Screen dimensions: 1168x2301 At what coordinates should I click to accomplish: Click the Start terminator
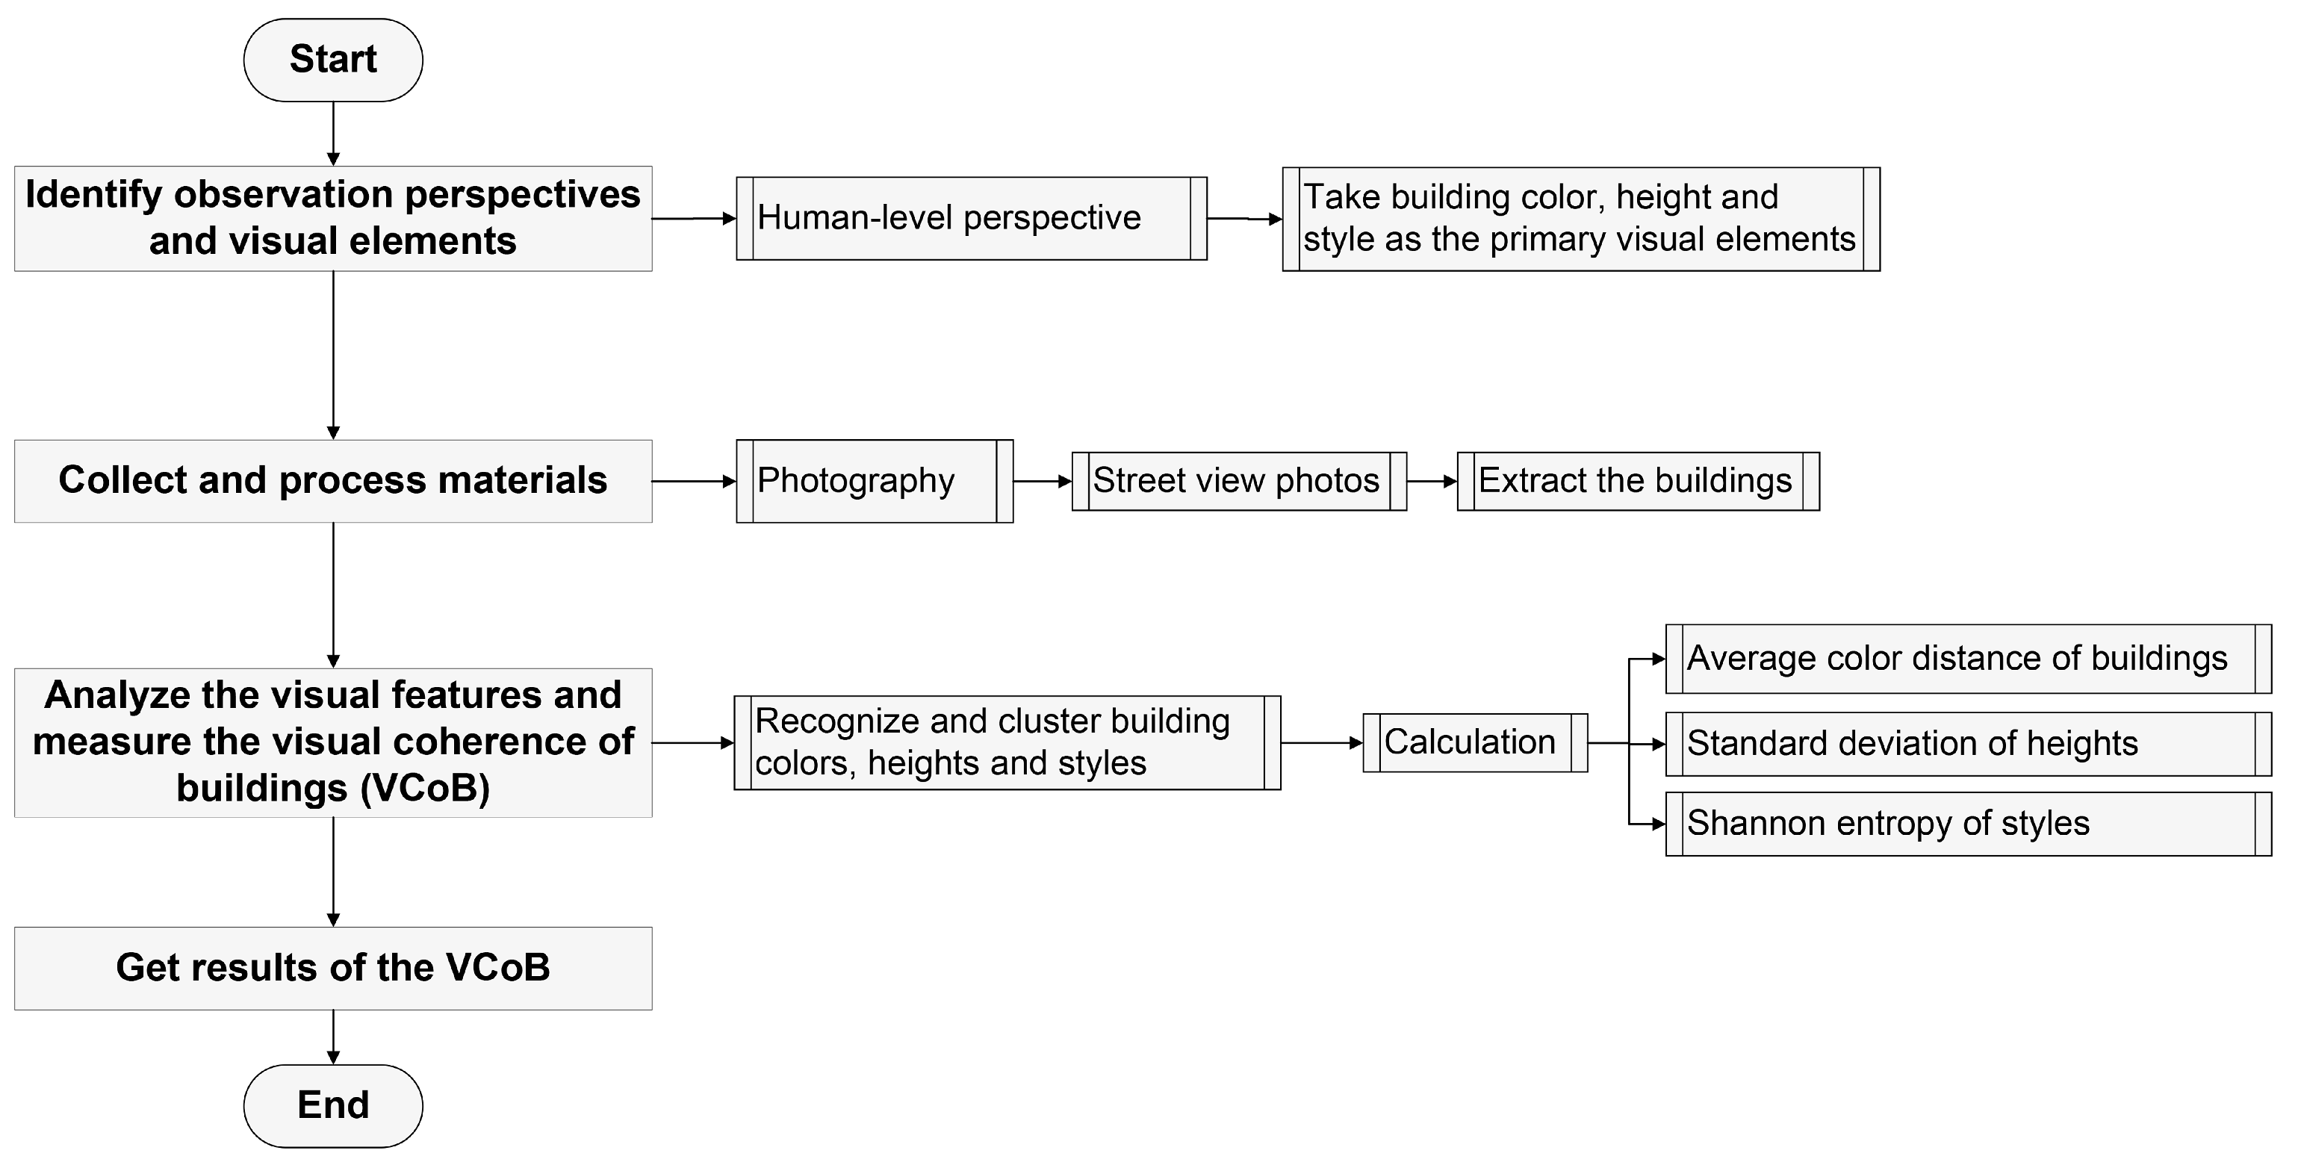[x=332, y=60]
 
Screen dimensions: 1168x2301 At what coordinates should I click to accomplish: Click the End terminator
[x=332, y=1105]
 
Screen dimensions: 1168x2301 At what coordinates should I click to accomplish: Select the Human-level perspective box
[x=971, y=219]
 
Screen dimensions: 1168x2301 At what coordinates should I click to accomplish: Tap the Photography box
[x=874, y=481]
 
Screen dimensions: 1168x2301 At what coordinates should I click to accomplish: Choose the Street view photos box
[x=1239, y=481]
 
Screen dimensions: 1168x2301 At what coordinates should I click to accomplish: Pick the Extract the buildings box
[x=1637, y=481]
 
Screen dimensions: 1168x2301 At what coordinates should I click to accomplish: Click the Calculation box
[x=1475, y=742]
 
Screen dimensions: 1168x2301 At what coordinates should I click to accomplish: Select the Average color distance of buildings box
[x=1968, y=659]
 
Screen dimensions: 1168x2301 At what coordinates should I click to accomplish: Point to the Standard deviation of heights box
[x=1968, y=744]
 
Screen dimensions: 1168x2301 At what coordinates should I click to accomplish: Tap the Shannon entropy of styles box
[x=1968, y=823]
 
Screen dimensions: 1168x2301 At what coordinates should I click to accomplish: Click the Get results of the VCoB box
[x=332, y=968]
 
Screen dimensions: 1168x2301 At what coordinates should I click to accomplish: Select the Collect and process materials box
[x=332, y=481]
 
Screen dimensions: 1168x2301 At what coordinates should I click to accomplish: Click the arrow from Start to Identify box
[x=333, y=134]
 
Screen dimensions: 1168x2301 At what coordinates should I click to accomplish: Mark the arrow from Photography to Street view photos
[x=1043, y=481]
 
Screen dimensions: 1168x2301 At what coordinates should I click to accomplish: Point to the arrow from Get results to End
[x=333, y=1037]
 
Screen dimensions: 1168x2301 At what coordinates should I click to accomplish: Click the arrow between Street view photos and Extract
[x=1432, y=481]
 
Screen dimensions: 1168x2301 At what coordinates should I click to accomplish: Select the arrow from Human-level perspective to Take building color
[x=1244, y=219]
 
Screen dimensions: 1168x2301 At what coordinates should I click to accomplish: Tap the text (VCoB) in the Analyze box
[x=425, y=789]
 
